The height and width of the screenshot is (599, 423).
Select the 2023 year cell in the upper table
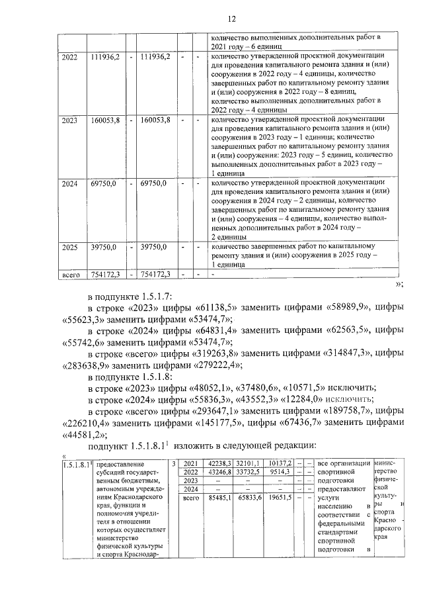pyautogui.click(x=69, y=120)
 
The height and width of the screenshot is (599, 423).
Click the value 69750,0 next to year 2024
pyautogui.click(x=102, y=183)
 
